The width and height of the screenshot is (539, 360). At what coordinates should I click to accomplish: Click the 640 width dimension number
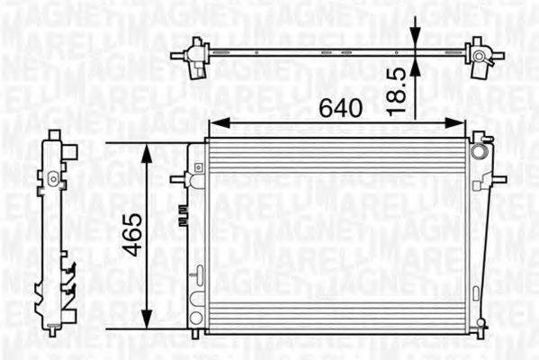pyautogui.click(x=341, y=108)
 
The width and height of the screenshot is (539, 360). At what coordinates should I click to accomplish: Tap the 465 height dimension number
pyautogui.click(x=132, y=234)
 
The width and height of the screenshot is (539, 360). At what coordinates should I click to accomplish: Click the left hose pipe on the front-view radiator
pyautogui.click(x=177, y=178)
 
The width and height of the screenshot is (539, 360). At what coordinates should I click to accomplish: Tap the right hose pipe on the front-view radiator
pyautogui.click(x=498, y=178)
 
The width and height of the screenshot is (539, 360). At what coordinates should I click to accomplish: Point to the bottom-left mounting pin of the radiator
pyautogui.click(x=197, y=336)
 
